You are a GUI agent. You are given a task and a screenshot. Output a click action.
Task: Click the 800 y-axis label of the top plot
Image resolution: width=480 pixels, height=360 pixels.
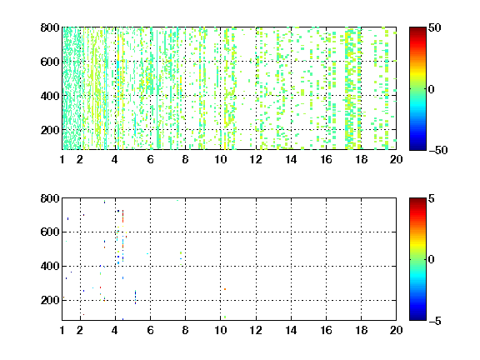(50, 27)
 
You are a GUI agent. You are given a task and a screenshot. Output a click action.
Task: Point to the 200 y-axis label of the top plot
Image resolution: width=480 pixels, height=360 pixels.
(50, 130)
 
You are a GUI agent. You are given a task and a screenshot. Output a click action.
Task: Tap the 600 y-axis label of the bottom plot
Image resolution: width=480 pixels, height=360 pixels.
(50, 232)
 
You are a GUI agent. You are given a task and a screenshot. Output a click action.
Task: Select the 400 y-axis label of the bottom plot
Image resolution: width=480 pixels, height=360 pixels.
(50, 266)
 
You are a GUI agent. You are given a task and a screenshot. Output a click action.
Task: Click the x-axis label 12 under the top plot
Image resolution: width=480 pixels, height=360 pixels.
(256, 159)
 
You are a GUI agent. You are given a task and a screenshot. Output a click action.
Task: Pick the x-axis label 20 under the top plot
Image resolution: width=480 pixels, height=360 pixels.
(396, 159)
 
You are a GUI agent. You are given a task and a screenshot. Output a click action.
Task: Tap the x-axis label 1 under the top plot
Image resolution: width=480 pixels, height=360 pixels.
(62, 159)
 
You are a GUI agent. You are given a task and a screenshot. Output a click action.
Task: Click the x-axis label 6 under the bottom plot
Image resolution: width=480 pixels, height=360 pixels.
(150, 330)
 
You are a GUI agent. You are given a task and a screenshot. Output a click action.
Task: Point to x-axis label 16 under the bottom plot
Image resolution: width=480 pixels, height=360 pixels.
(326, 330)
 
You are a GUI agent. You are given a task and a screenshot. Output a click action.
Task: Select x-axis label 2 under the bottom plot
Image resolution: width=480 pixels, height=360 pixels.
(80, 330)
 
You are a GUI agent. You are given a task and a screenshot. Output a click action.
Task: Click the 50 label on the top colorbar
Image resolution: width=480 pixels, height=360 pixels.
(435, 27)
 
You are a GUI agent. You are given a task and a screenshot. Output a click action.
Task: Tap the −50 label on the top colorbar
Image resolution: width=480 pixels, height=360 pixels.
(438, 150)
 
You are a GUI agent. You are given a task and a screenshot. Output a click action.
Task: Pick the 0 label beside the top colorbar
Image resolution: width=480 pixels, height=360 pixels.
(432, 89)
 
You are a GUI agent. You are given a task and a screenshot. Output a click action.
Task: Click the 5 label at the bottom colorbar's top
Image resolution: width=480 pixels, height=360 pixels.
(432, 198)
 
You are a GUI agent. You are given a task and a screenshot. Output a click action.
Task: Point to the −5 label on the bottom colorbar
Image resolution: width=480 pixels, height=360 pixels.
(435, 321)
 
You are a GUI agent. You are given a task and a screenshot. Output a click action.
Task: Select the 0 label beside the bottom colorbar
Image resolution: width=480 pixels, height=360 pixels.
(432, 260)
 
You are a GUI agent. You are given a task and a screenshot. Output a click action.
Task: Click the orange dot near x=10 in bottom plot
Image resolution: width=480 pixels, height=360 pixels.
(225, 289)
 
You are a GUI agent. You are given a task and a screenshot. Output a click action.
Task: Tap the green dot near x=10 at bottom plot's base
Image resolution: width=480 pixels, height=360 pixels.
(225, 317)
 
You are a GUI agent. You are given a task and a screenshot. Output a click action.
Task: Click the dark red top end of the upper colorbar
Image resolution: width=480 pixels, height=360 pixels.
(417, 29)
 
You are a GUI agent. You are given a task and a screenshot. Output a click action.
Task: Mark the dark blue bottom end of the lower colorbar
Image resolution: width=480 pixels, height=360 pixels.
(417, 318)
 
